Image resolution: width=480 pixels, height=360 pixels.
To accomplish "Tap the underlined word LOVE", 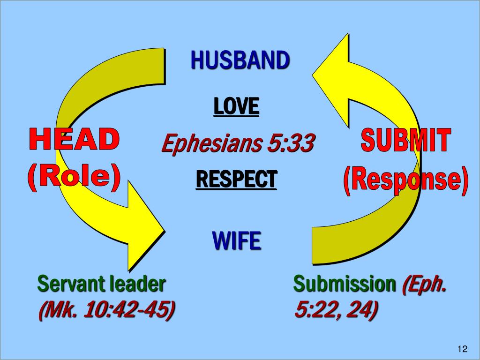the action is [236, 106].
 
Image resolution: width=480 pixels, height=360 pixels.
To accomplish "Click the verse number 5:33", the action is [290, 143].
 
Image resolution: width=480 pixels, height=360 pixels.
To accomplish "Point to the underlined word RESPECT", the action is [236, 179].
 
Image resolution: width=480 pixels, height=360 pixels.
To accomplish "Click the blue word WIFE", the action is [236, 241].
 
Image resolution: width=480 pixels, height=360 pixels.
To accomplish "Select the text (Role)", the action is [74, 177].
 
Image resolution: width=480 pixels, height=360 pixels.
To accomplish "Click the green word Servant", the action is [70, 284].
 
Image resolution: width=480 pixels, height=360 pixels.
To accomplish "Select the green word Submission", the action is [344, 284].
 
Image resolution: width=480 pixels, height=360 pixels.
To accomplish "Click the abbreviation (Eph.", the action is [424, 285].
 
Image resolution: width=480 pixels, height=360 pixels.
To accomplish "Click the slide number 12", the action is [462, 348].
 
